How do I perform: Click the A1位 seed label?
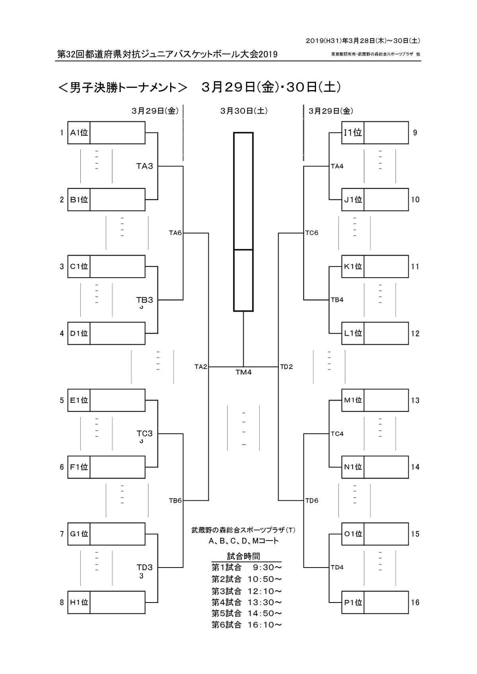click(x=79, y=133)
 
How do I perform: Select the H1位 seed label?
click(x=79, y=602)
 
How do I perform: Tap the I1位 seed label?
click(x=353, y=133)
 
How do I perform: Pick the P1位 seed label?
click(x=353, y=602)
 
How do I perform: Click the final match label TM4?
click(x=243, y=373)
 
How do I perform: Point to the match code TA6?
click(x=175, y=233)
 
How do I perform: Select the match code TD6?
click(x=312, y=500)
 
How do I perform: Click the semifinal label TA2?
click(x=201, y=367)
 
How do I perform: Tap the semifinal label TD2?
click(x=286, y=367)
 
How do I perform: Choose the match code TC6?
click(x=312, y=233)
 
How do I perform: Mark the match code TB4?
click(x=337, y=300)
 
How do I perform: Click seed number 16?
click(x=415, y=602)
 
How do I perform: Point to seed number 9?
click(x=415, y=133)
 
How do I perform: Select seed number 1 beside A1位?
click(x=62, y=133)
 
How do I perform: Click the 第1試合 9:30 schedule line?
click(x=246, y=567)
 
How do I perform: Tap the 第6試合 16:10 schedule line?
click(x=246, y=625)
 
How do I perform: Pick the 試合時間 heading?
click(x=243, y=556)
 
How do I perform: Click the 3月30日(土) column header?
click(x=244, y=111)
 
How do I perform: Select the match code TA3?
click(x=145, y=166)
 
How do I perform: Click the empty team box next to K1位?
click(x=386, y=267)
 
